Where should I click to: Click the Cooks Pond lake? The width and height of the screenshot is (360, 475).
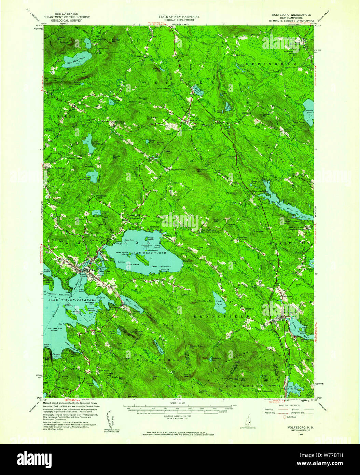[218, 302]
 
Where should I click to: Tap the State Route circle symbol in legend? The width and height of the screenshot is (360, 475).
[283, 417]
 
